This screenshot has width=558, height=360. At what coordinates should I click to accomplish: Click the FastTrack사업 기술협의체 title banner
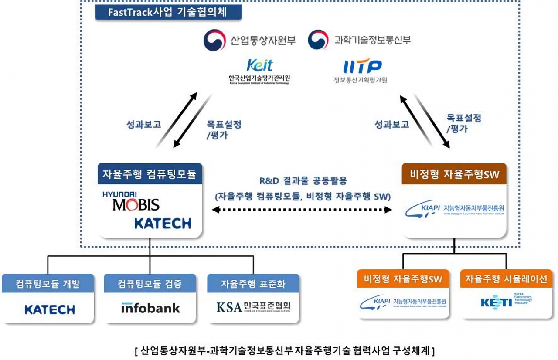coord(168,12)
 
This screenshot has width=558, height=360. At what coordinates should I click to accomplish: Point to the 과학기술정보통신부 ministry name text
coord(372,40)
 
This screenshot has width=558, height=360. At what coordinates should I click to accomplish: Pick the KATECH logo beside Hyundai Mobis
coord(163,224)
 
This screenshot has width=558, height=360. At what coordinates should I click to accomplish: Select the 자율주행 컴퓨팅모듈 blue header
coord(150,175)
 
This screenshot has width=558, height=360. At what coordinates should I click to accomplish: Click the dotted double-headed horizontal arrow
coord(302,210)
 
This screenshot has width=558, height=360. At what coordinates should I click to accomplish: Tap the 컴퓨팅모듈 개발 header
coord(48,284)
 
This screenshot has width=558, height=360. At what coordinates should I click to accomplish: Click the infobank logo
coord(150,308)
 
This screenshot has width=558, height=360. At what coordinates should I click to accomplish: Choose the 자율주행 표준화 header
coord(253,284)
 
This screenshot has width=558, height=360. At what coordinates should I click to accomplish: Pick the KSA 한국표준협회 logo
coord(253,307)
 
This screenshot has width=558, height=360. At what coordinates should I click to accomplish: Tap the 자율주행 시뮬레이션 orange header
coord(506,279)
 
